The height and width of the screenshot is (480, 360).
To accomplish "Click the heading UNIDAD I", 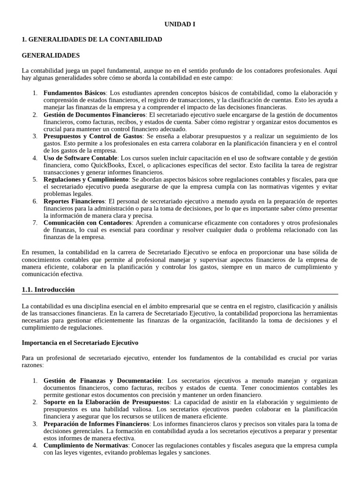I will coord(180,24).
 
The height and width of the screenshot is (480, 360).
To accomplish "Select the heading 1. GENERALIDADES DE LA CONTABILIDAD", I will coord(92,39).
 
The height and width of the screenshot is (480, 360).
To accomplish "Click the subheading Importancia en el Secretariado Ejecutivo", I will coord(80,343).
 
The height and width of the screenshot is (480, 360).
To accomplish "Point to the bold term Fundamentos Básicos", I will coord(75,93).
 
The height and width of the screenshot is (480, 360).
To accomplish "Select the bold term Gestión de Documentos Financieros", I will coord(94,114).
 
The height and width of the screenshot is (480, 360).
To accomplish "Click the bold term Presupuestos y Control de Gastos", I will coord(93,136).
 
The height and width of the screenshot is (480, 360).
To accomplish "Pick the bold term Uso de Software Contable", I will coord(80,157).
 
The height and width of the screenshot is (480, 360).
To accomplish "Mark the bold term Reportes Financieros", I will coord(74,201).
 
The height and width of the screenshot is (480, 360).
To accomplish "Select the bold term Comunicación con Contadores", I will coord(88,222).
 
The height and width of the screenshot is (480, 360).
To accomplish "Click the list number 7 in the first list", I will coord(35,222).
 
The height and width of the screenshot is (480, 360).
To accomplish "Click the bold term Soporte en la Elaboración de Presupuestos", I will coord(106,402).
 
